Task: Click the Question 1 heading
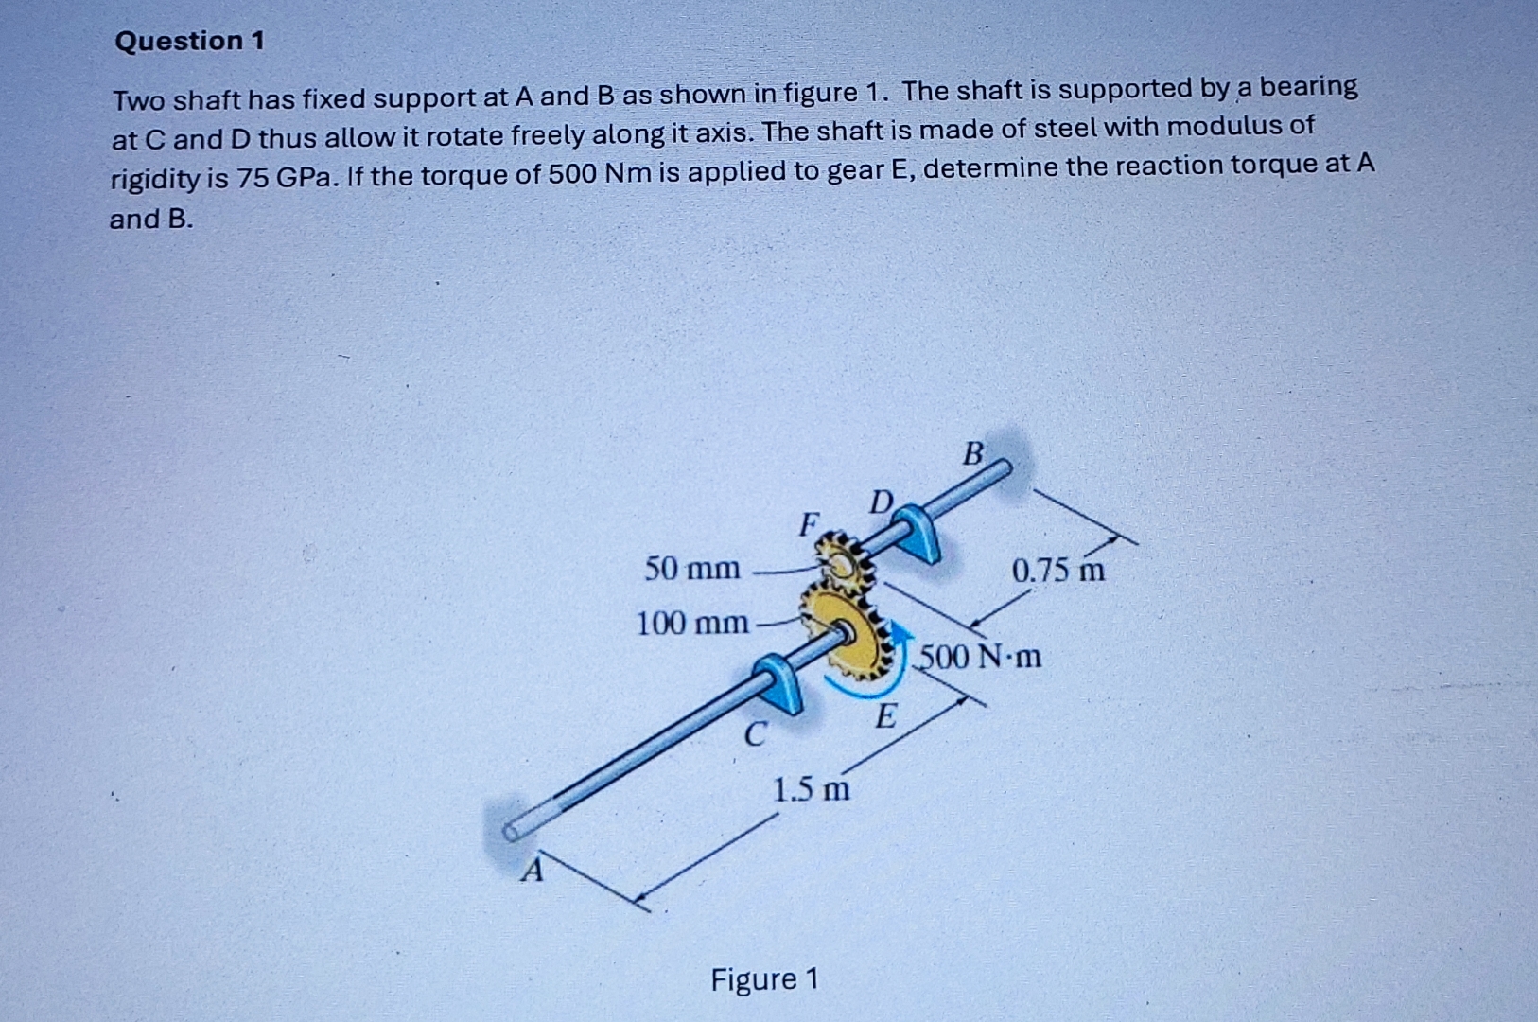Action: click(x=189, y=41)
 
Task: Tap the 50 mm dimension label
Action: click(x=692, y=570)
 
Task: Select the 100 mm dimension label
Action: click(x=692, y=624)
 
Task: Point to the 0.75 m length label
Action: click(x=1057, y=572)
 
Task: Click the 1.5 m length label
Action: click(x=811, y=788)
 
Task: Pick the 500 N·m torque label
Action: click(x=982, y=656)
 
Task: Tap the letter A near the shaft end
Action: click(x=533, y=869)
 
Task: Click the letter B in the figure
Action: click(x=973, y=454)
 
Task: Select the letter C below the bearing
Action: click(x=753, y=733)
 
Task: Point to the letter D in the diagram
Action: click(x=881, y=501)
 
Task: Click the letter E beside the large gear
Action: click(x=884, y=717)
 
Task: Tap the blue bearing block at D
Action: click(x=918, y=535)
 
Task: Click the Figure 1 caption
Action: click(x=764, y=979)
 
